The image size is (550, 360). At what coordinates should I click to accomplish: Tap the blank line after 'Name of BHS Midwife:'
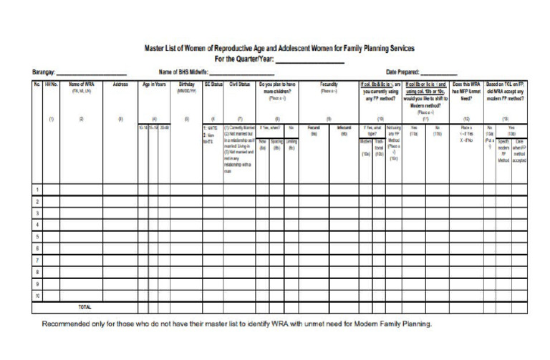pos(241,73)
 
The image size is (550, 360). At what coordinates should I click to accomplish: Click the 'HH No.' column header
pos(50,84)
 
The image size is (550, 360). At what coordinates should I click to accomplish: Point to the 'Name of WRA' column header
pos(85,84)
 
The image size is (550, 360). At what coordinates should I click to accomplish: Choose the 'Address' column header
pos(120,84)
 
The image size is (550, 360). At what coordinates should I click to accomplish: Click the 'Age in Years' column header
pos(154,84)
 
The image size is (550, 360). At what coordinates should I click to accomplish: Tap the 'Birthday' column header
pos(185,84)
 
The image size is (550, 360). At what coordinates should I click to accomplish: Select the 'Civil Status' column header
pos(238,84)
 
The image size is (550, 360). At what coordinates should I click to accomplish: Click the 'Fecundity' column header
pos(329,84)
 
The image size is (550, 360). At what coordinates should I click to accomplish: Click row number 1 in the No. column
pos(37,190)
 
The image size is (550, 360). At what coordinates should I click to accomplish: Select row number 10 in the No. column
pos(37,295)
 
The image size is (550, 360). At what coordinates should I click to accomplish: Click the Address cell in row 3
pos(120,213)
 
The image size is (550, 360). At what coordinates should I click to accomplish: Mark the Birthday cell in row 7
pos(185,259)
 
